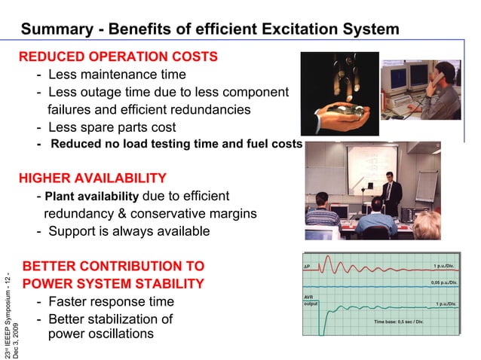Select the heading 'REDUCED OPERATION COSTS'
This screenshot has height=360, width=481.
[118, 56]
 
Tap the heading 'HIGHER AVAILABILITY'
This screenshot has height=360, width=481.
[92, 178]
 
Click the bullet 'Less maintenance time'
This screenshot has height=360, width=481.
[117, 75]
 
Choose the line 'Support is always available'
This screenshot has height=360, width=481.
[129, 231]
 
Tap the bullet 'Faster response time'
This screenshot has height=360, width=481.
[111, 302]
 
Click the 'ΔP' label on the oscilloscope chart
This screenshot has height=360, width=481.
[307, 266]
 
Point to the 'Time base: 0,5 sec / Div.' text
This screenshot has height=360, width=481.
[399, 322]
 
